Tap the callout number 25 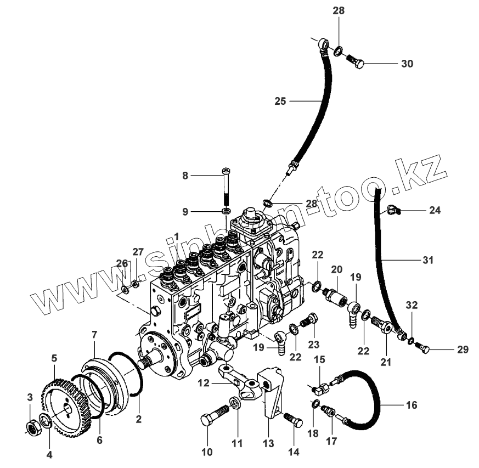click(280, 101)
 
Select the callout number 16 click(411, 405)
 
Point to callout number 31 click(427, 260)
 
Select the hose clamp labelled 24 click(394, 208)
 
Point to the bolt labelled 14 click(293, 421)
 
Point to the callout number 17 click(330, 441)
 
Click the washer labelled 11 click(235, 404)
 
